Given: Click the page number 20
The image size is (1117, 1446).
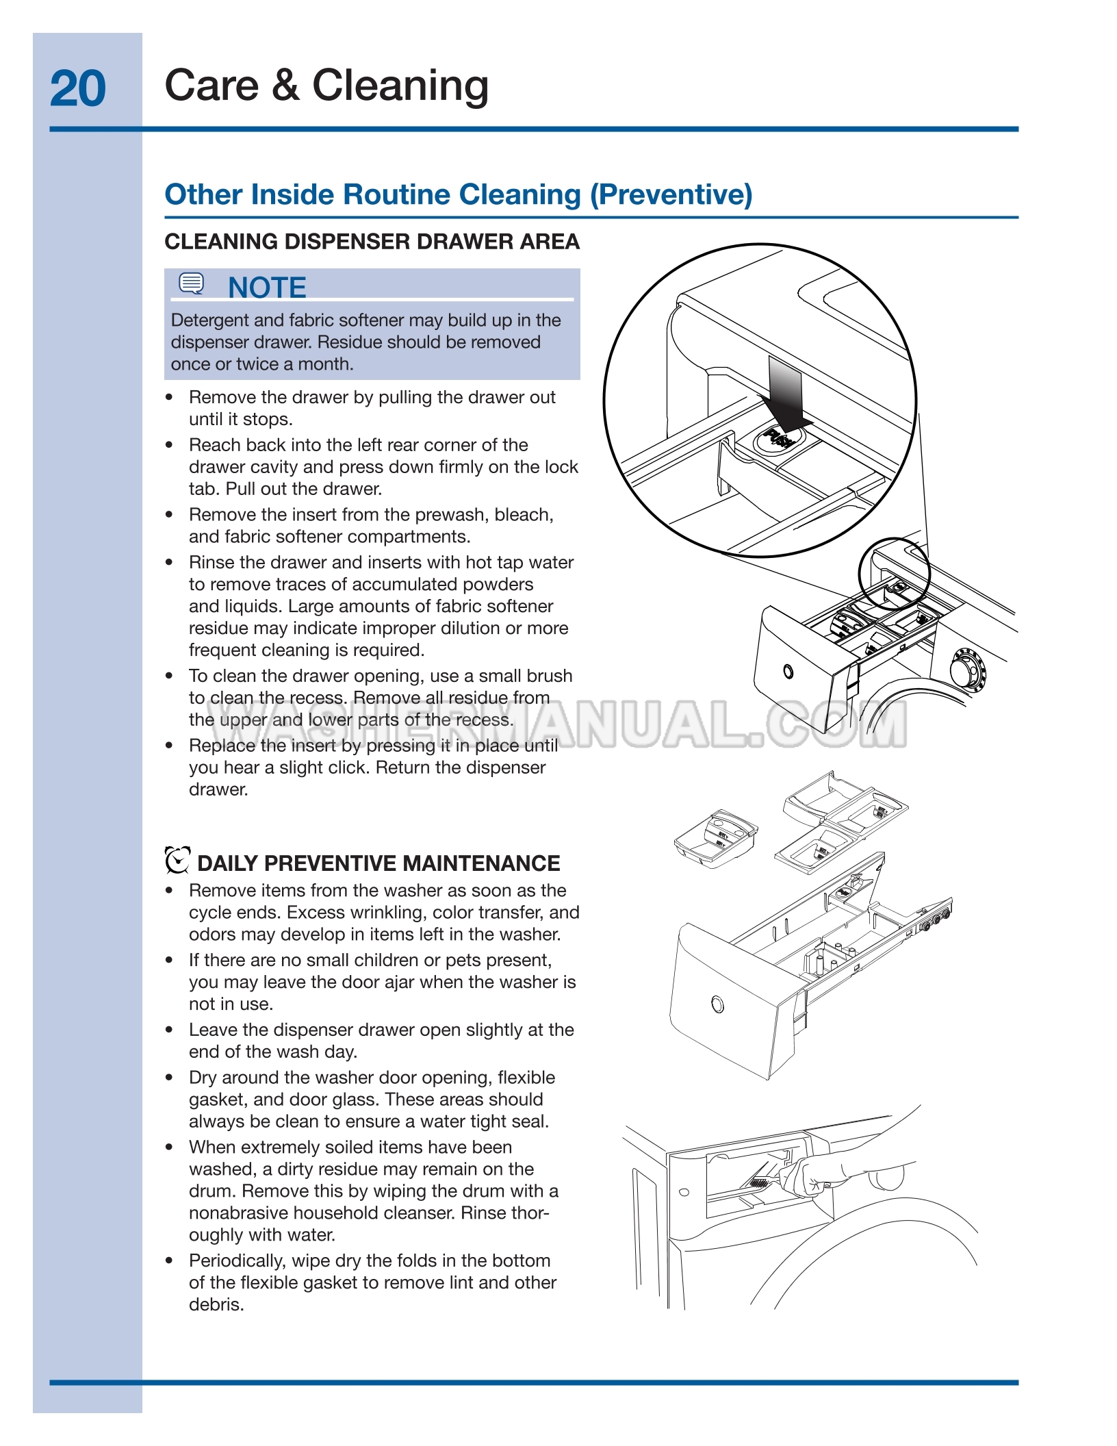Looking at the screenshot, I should [x=78, y=88].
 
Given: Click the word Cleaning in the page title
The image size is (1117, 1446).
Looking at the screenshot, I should [x=400, y=86].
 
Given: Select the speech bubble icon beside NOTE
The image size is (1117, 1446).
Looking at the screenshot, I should [x=191, y=283].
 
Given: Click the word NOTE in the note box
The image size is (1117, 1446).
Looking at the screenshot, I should [x=267, y=288].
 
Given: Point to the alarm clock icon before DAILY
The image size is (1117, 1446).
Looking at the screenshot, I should [x=177, y=861].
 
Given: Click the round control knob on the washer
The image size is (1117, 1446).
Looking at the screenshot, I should [x=966, y=668].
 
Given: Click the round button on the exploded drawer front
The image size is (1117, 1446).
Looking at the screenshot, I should [x=717, y=1004].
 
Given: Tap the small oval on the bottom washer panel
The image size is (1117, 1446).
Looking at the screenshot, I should [x=684, y=1192].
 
